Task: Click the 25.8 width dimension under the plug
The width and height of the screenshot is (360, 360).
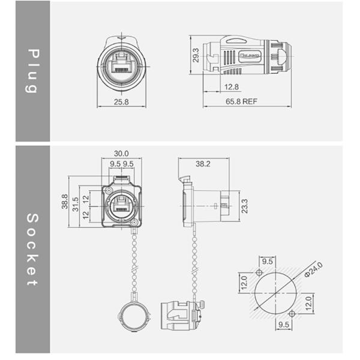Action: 121,102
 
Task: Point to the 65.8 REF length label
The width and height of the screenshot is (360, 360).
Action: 242,102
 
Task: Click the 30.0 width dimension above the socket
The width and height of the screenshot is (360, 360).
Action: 121,154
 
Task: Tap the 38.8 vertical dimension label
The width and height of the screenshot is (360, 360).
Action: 65,202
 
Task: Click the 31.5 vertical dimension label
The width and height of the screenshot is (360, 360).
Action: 75,203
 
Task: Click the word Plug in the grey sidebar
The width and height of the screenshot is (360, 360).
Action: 32,71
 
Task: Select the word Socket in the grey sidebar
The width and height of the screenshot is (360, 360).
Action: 32,249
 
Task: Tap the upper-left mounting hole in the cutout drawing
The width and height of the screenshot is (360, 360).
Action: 259,273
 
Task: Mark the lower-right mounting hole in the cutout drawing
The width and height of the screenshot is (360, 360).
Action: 292,314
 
